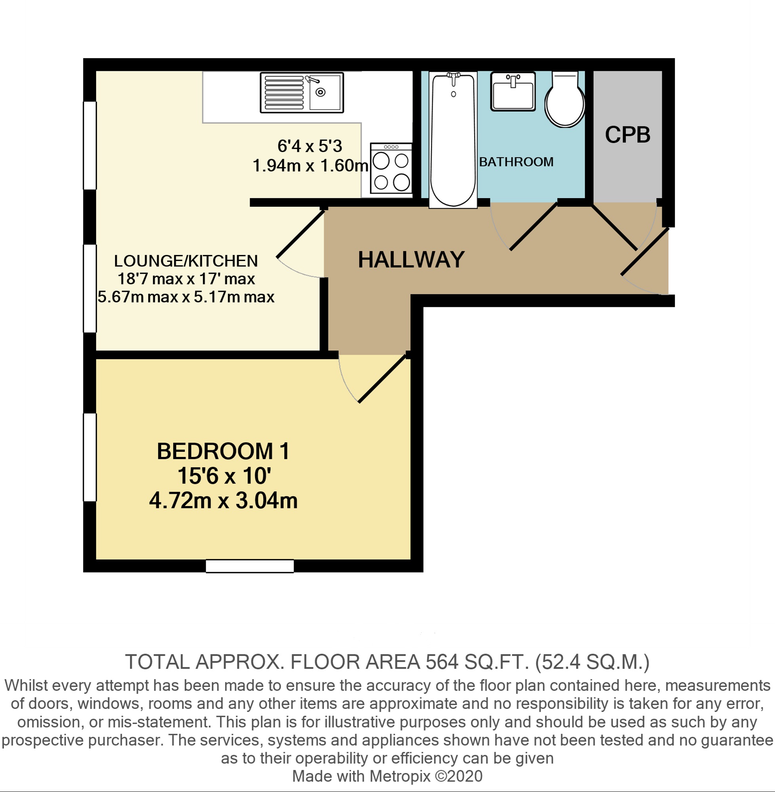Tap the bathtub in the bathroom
click(x=453, y=140)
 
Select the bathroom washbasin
click(x=513, y=91)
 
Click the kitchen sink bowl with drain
click(x=325, y=92)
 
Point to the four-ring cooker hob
click(x=391, y=168)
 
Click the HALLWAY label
click(x=411, y=259)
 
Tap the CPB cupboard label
click(x=628, y=134)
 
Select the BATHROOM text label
click(x=516, y=162)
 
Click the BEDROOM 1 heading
click(x=223, y=451)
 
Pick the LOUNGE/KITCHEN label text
click(x=186, y=261)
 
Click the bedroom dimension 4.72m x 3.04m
click(x=224, y=501)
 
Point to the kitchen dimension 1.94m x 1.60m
click(x=310, y=165)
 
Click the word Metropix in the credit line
click(x=400, y=776)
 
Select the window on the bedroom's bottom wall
click(x=250, y=566)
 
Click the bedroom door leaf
click(x=383, y=378)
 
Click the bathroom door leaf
click(x=534, y=226)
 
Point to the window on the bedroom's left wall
click(x=90, y=457)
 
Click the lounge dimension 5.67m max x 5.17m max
click(x=186, y=297)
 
